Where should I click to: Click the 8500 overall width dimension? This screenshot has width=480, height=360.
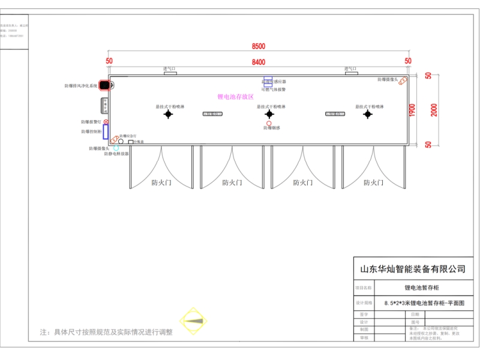pos(259,46)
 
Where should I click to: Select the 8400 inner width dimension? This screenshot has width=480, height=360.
pos(259,62)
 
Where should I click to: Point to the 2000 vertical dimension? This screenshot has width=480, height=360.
pos(434,110)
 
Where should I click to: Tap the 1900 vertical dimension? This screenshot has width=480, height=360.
pos(412,110)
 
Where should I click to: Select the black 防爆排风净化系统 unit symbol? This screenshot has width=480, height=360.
pos(104,86)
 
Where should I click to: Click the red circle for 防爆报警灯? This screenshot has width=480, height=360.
pos(106,122)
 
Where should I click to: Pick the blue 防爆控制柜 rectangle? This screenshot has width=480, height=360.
pos(106,132)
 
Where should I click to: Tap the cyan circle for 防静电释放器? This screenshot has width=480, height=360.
pos(116,148)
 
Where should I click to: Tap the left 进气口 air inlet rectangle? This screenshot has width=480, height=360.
pos(170,74)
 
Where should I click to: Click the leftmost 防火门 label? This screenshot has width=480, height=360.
pos(161,182)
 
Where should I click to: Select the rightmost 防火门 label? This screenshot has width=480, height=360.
pos(373,182)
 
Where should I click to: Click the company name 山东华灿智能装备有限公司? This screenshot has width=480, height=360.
pos(412,269)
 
